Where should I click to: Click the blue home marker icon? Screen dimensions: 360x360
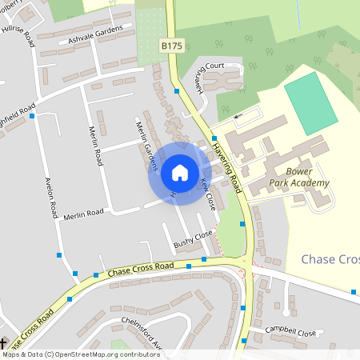tap(180, 172)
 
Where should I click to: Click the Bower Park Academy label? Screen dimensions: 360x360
tap(307, 177)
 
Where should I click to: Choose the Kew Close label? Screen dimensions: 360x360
tap(207, 193)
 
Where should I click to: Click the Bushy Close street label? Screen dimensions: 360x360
tap(194, 238)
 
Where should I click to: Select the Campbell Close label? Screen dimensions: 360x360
tap(293, 330)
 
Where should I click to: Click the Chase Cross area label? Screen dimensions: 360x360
tap(330, 259)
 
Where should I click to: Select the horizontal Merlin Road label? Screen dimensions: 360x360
tap(85, 213)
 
